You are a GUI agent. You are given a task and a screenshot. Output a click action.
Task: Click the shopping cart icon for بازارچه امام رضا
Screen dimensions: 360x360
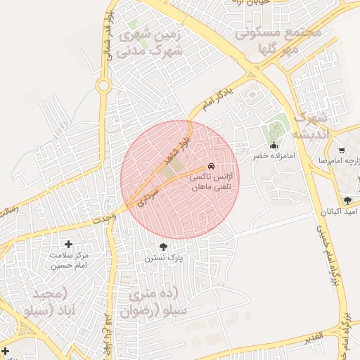pos(342,150)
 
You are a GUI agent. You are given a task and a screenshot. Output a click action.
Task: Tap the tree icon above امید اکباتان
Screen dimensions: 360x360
pos(347,200)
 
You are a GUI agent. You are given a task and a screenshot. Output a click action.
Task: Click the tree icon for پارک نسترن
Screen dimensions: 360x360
pos(164,246)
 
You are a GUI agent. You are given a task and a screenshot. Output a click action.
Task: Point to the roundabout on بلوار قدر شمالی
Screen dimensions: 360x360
pos(104,86)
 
